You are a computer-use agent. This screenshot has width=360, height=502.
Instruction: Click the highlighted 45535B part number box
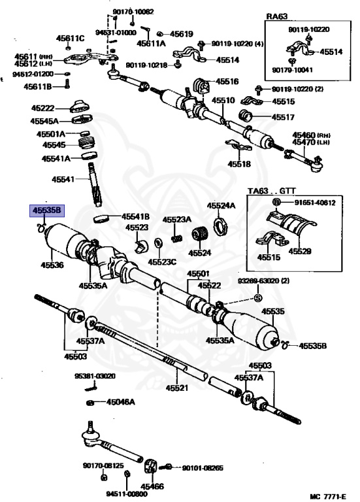(47, 210)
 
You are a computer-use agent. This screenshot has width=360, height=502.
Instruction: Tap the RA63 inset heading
(277, 16)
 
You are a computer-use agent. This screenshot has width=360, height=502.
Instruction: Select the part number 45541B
(135, 217)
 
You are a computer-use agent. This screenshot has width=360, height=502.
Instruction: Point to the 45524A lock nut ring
(220, 226)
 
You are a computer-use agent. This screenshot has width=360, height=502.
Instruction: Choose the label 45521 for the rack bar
(177, 388)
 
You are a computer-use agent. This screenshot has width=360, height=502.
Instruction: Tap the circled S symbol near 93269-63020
(258, 298)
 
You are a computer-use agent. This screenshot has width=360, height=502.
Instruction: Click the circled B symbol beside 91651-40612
(277, 203)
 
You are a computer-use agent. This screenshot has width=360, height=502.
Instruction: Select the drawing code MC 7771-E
(328, 496)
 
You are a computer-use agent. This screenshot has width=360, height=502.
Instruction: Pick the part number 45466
(152, 486)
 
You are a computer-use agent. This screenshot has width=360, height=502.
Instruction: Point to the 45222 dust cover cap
(80, 107)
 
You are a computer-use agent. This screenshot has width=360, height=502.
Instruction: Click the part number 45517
(283, 117)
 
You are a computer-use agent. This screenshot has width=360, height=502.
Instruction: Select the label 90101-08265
(203, 468)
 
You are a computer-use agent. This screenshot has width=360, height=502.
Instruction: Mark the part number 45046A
(120, 402)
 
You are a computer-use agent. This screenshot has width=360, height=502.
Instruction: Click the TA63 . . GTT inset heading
(272, 191)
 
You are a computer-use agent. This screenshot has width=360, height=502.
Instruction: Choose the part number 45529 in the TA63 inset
(300, 251)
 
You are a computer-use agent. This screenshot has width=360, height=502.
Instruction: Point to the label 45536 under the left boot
(52, 265)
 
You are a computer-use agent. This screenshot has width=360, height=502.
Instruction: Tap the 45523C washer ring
(157, 243)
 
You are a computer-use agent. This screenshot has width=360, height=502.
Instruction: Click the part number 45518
(239, 164)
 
